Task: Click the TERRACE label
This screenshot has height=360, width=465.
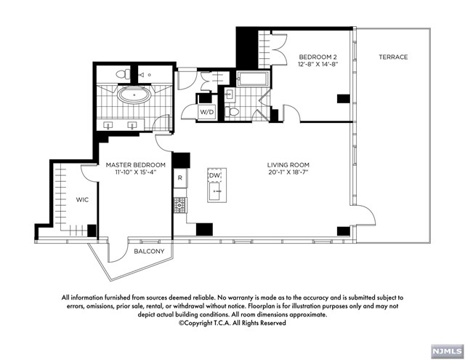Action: pos(393,57)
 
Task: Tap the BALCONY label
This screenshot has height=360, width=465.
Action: pos(149,252)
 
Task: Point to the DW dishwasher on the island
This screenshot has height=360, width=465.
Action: pos(214,176)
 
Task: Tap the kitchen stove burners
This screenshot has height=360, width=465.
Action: pos(179,205)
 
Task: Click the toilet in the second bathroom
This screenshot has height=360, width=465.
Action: pos(232,112)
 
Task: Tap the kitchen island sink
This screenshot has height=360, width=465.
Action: pos(216,191)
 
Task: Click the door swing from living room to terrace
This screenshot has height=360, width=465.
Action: pos(363,212)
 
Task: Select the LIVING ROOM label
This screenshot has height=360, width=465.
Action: pos(288,165)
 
